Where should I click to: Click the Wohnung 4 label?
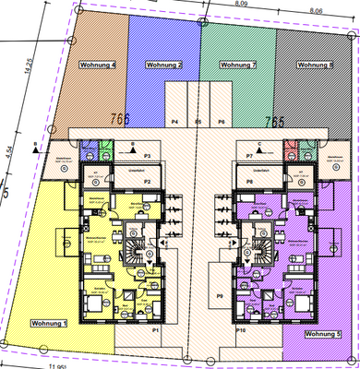coord(99,66)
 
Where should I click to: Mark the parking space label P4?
coord(174,121)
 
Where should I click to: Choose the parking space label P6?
coord(222,121)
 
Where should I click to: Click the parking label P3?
coord(147,157)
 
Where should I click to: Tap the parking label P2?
coord(147,195)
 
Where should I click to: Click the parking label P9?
coord(219,296)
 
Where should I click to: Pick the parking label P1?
coord(156,329)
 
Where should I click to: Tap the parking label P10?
coord(241,329)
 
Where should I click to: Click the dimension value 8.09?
coord(240,5)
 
